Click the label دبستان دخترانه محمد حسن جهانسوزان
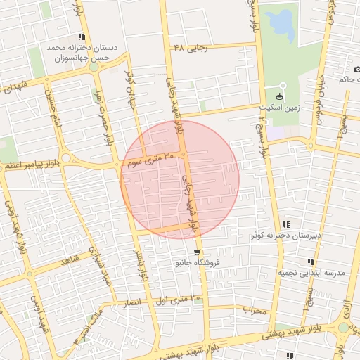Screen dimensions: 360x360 [83, 53]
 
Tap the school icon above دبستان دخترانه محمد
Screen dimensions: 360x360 [82, 37]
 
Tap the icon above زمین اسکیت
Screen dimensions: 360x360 [281, 96]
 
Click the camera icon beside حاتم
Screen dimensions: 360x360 [358, 70]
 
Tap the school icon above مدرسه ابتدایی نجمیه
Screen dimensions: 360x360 [310, 262]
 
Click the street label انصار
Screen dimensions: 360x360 [131, 303]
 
